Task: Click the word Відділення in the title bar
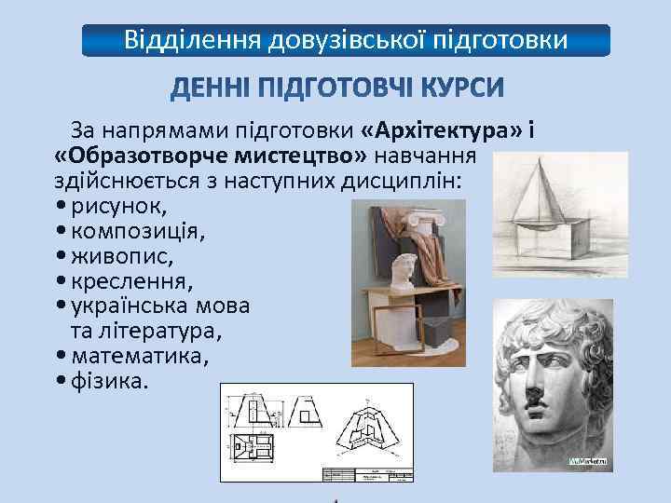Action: [191, 40]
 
